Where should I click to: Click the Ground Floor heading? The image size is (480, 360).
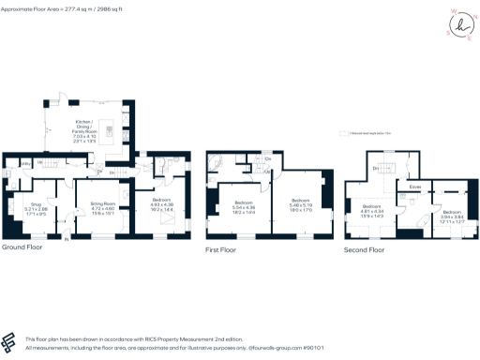tap(20, 247)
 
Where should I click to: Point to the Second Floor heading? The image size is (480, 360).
tap(363, 250)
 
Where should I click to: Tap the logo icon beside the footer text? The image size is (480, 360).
tap(10, 341)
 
